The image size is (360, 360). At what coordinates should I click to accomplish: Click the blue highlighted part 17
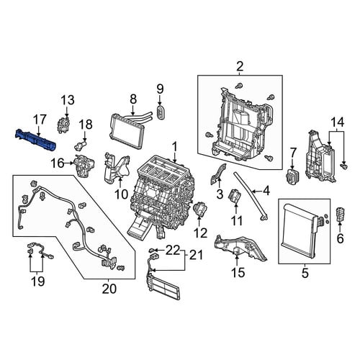[35, 140]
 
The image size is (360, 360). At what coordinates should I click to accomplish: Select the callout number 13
[68, 100]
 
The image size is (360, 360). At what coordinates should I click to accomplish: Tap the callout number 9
[160, 89]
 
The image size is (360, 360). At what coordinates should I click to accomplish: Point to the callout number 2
[240, 66]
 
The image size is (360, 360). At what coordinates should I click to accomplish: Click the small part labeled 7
[292, 177]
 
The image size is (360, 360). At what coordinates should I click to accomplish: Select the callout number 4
[266, 192]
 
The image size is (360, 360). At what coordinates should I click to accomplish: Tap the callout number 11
[236, 220]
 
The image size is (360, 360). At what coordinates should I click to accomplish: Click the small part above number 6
[340, 214]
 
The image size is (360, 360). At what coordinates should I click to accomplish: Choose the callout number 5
[305, 273]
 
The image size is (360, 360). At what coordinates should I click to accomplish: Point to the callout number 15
[238, 272]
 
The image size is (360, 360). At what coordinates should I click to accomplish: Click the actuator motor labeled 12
[200, 210]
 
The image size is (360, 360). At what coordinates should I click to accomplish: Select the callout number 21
[196, 255]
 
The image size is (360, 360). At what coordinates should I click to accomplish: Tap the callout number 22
[173, 251]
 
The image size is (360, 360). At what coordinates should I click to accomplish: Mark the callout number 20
[109, 289]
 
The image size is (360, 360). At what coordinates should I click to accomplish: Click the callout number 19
[38, 281]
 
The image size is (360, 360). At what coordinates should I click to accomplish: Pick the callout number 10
[122, 194]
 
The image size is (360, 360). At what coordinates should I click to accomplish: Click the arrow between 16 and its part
[69, 163]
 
